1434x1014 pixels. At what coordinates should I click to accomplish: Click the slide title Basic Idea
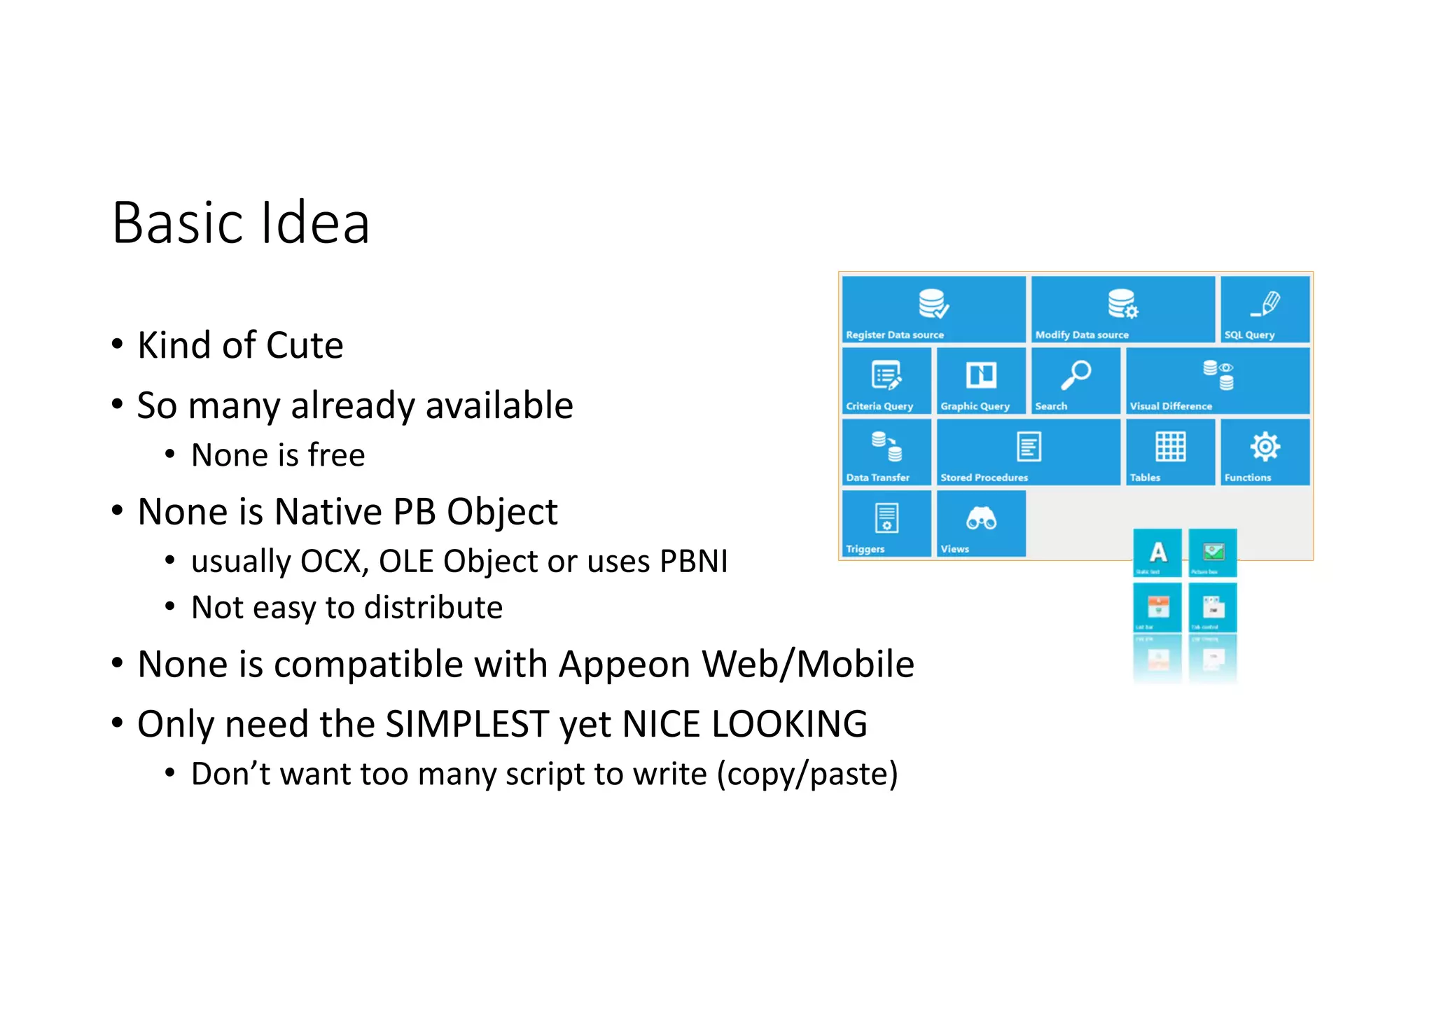click(x=240, y=223)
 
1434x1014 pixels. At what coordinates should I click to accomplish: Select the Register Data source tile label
click(x=894, y=335)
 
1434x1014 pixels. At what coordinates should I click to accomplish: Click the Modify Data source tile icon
click(x=1122, y=304)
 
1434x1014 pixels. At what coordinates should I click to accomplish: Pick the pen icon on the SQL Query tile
click(x=1265, y=304)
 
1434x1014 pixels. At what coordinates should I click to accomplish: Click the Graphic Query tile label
click(x=975, y=406)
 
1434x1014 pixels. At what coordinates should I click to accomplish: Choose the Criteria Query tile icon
click(x=886, y=375)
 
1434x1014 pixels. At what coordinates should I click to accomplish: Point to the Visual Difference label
click(x=1171, y=406)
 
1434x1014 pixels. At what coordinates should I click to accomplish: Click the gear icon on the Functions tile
click(x=1265, y=447)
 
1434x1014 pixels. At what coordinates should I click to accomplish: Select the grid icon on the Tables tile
click(x=1170, y=447)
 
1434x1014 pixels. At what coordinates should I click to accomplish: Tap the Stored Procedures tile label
click(x=984, y=478)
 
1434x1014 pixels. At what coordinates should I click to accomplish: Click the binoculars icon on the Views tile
click(x=981, y=519)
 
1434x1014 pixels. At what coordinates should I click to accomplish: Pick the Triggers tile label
click(x=865, y=549)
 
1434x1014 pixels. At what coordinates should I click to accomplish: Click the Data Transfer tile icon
click(x=886, y=447)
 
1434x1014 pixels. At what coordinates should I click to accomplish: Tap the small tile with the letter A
click(x=1158, y=553)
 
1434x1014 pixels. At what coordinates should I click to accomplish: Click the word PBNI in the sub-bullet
click(x=693, y=562)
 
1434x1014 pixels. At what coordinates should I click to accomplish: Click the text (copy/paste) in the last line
click(x=807, y=775)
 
